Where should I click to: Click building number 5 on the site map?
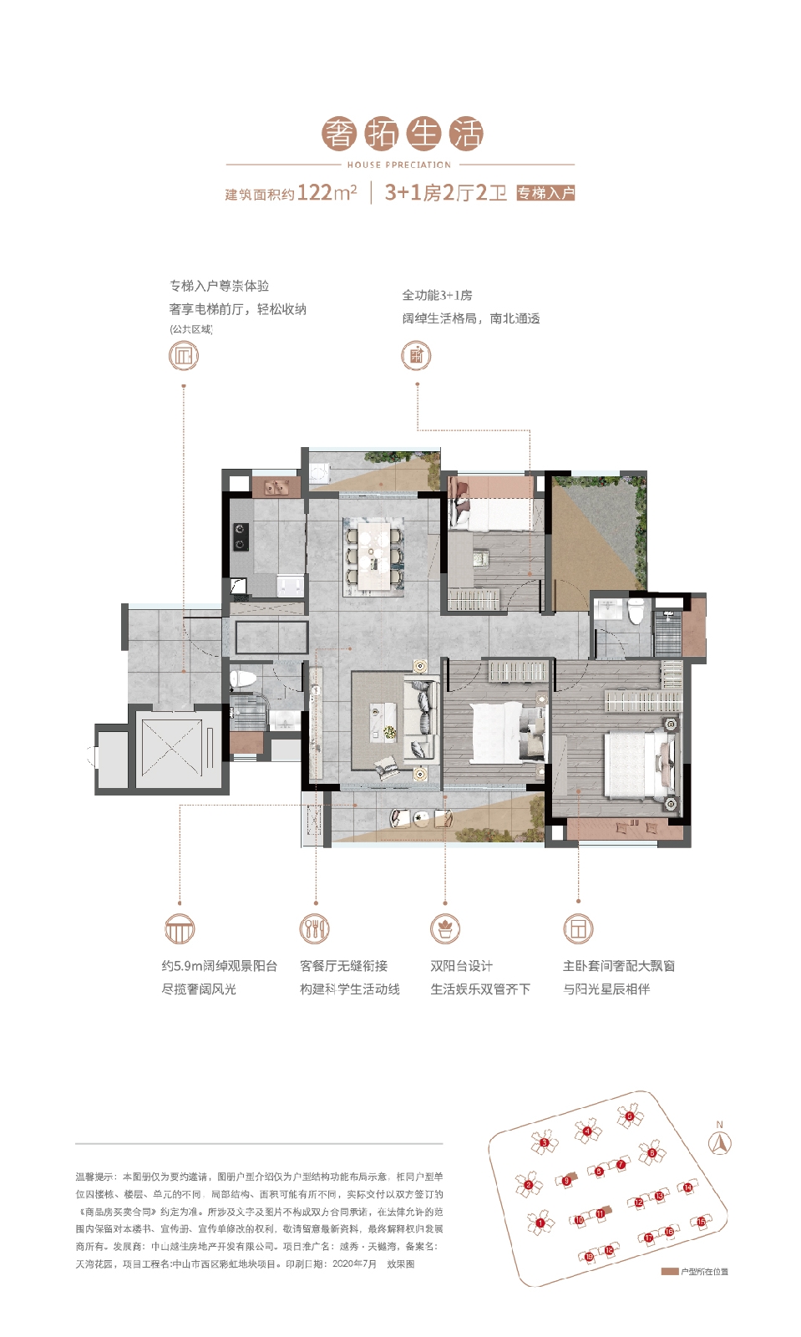630,1116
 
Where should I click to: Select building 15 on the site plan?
700,1222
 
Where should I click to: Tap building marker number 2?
529,1184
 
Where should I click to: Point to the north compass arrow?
719,1143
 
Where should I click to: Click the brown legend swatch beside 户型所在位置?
669,1271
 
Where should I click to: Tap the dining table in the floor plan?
373,556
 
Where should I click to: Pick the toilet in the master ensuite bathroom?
636,612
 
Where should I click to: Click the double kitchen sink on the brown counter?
276,486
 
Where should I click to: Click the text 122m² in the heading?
327,192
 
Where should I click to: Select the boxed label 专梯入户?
545,193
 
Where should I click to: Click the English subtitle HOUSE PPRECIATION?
399,165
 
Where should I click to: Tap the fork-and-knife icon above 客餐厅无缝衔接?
315,928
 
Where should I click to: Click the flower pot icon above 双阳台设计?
445,928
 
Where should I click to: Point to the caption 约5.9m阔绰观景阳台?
219,965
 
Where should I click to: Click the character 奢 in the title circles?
339,134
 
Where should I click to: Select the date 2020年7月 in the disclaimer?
354,1264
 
